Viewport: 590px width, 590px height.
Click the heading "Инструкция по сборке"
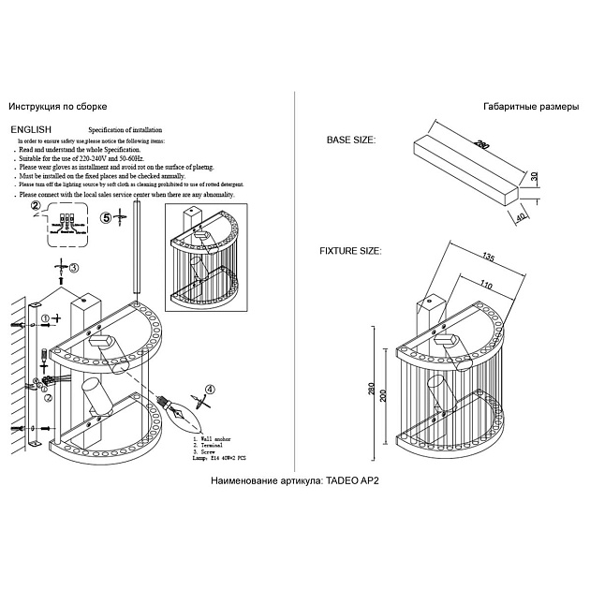pos(57,109)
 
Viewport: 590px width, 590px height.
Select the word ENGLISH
pos(31,129)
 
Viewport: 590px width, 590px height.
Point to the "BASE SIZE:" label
pos(351,140)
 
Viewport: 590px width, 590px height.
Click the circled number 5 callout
pos(106,217)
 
